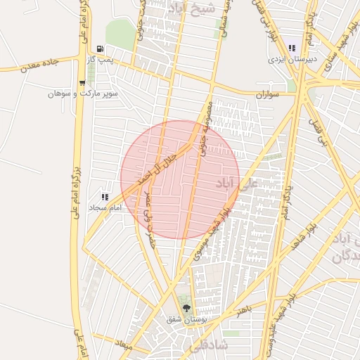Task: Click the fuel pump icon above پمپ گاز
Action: coord(100,49)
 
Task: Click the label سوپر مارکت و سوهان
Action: coord(83,94)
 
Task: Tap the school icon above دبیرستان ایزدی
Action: coord(292,48)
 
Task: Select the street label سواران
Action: coord(269,94)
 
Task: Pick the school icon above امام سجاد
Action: coord(105,198)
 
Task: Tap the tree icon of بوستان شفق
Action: coord(186,308)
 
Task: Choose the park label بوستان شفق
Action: coord(185,319)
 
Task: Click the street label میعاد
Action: coord(123,345)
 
